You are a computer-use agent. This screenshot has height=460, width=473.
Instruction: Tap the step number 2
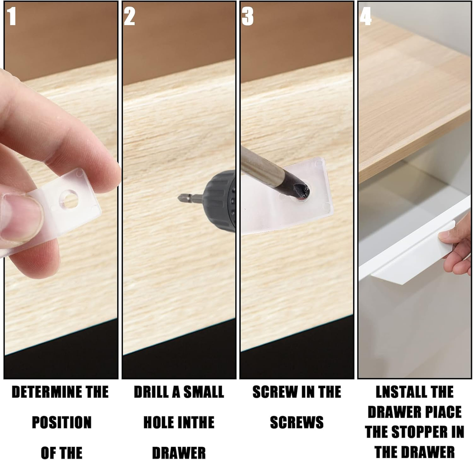coord(130,16)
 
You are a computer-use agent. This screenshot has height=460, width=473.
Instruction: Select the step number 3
coord(247,16)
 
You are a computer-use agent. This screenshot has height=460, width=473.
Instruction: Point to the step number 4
coord(366,16)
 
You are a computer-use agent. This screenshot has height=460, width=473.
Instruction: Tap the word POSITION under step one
coord(61,422)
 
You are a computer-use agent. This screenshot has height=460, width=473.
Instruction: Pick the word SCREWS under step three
coord(297,422)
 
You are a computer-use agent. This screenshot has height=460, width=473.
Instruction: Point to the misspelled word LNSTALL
coord(398,392)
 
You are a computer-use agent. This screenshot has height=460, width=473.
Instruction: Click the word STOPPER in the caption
coord(418,432)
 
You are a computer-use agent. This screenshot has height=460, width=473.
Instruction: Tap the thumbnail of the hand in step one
coord(20,218)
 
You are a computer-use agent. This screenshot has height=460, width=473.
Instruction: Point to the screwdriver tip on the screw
coord(303,192)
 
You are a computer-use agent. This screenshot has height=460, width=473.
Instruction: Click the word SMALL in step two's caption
coord(203,392)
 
